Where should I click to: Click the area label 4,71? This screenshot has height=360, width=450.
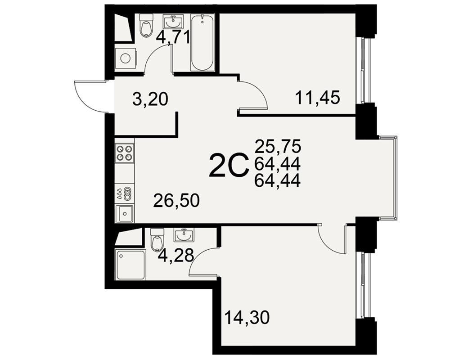173,37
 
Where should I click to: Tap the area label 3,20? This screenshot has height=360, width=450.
150,99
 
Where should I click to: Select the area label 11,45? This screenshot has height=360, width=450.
317,98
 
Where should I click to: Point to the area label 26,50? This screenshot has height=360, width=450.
176,200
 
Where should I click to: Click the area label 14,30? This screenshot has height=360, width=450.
247,318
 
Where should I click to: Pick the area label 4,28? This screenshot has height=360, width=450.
175,255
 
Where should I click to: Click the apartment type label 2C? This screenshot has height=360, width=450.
229,165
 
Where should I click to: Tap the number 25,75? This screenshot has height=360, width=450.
278,146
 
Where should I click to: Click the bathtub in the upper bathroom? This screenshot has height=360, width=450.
202,43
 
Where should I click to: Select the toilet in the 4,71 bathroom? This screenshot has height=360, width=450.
146,25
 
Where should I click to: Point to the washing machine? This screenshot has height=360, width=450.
126,58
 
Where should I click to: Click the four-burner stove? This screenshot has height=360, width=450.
125,153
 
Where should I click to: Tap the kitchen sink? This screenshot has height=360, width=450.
125,214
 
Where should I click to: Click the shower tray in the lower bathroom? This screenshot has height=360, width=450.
130,265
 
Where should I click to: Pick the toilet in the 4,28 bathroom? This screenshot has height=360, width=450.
157,240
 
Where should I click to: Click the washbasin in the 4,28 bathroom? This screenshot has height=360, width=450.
184,235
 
